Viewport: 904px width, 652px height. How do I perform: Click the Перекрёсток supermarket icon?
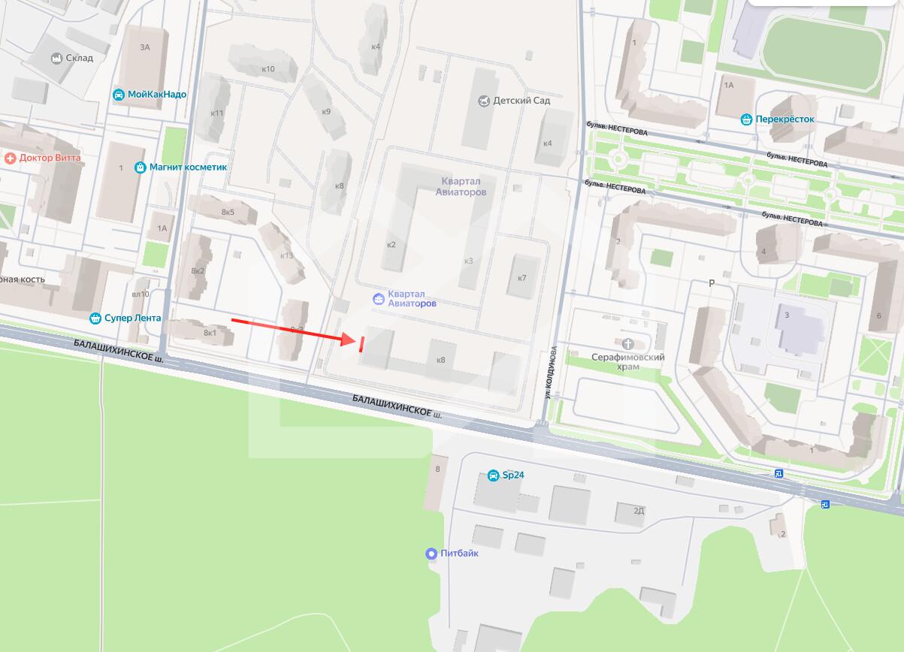point(746,119)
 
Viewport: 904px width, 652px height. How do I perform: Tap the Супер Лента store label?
point(134,318)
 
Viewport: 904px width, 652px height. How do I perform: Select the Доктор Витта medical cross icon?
point(10,158)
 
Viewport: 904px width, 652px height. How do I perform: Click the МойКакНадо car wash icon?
point(119,95)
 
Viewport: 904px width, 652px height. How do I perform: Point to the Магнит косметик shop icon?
point(140,167)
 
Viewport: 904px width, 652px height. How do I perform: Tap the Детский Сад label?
point(522,101)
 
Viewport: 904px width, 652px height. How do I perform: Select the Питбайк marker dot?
point(431,554)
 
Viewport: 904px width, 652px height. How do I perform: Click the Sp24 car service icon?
point(493,475)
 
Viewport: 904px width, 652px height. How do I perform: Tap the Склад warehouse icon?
point(56,58)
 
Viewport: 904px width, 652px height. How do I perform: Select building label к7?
point(522,278)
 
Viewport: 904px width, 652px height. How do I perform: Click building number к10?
point(268,69)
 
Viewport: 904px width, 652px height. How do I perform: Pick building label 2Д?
point(639,511)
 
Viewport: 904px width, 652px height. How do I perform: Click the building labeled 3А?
point(145,47)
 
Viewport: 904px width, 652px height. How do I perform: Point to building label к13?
point(287,255)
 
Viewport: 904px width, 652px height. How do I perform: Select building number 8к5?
point(228,212)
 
